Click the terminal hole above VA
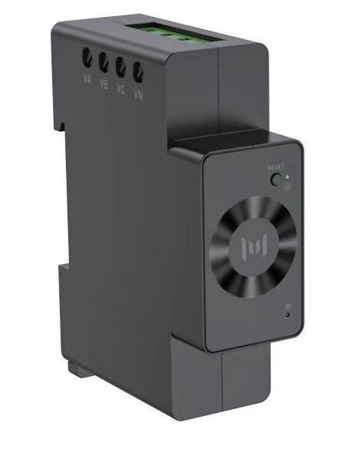point(87,58)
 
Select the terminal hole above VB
point(104,62)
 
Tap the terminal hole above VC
point(121,67)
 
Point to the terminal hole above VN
point(138,72)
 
